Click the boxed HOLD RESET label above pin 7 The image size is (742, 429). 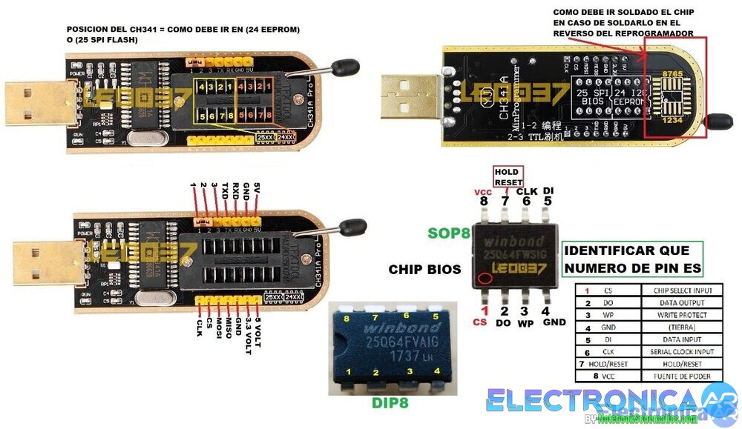(x=509, y=177)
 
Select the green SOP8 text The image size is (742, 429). (x=449, y=233)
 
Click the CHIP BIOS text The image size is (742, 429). (x=424, y=269)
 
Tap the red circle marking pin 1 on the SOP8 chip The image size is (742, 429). (x=485, y=279)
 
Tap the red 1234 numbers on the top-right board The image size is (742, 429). (x=672, y=119)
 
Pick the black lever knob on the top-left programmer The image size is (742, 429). (x=345, y=69)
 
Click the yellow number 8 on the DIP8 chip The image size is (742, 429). (x=346, y=319)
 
